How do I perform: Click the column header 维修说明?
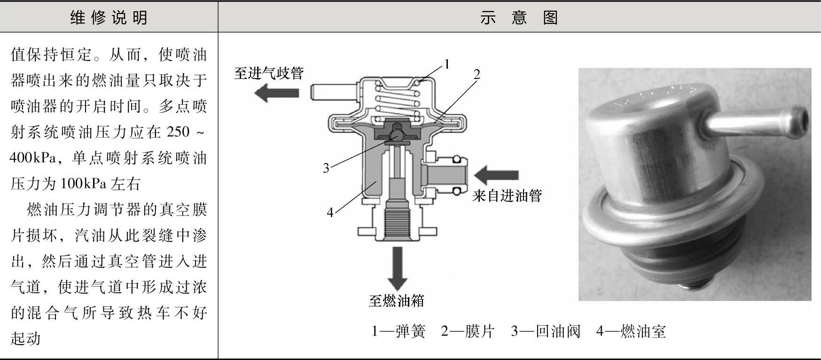[x=109, y=17]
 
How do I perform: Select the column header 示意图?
[x=519, y=17]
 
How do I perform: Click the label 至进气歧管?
[x=269, y=73]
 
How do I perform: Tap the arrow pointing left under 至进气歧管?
[x=276, y=93]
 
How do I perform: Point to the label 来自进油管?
[x=507, y=196]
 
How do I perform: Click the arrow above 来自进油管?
[x=496, y=176]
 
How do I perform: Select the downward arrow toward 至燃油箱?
[x=397, y=268]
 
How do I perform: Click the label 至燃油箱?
[x=396, y=301]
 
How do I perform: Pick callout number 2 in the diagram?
[x=477, y=74]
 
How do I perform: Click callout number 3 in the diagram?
[x=326, y=168]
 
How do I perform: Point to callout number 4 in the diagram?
[x=330, y=212]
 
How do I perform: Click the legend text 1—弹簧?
[x=399, y=332]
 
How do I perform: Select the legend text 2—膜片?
[x=468, y=332]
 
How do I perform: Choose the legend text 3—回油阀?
[x=546, y=332]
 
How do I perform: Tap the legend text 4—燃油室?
[x=631, y=332]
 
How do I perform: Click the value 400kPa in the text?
[x=32, y=158]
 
